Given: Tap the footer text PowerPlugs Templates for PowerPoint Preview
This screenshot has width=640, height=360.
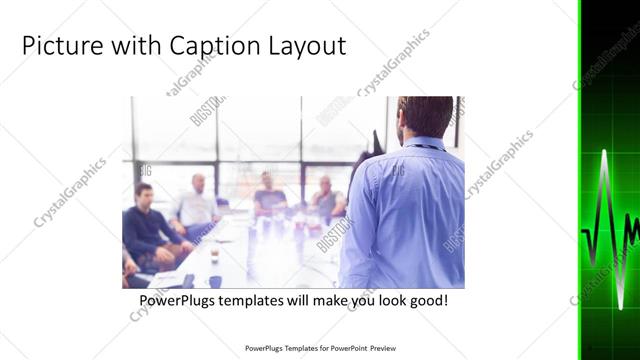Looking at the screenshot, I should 320,348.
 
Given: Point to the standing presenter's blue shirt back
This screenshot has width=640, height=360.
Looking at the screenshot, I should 405,210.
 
